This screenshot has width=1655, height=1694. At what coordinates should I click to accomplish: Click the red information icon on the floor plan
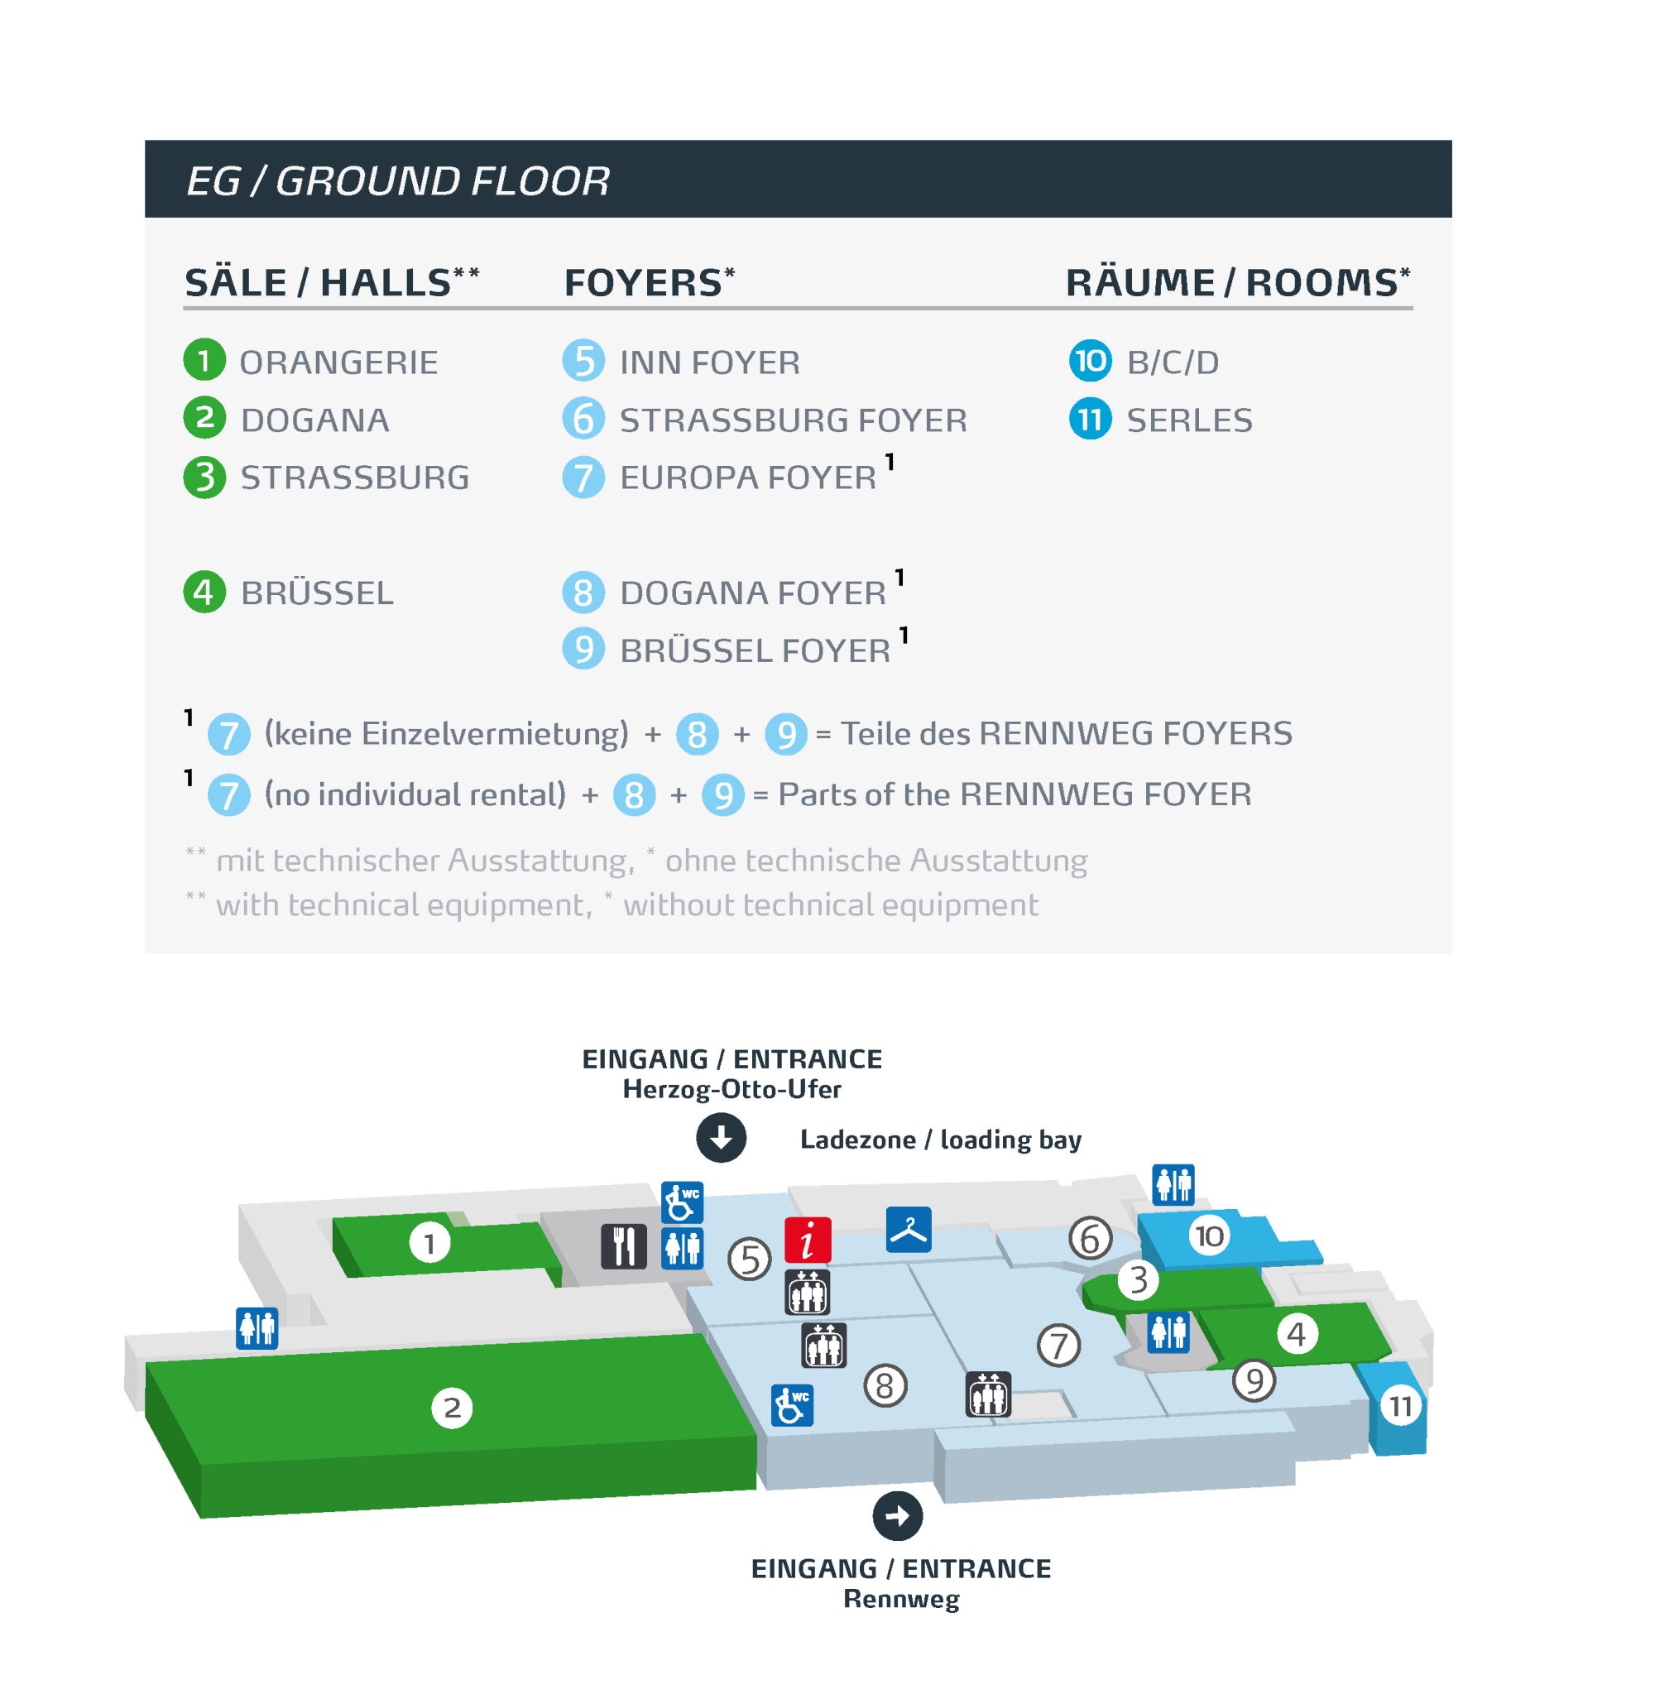pos(808,1239)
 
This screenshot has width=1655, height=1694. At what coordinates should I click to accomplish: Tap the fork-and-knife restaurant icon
pos(623,1245)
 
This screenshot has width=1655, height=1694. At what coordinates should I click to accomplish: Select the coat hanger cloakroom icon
pos(909,1229)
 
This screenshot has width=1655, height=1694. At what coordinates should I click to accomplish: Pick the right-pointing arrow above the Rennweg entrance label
pos(897,1515)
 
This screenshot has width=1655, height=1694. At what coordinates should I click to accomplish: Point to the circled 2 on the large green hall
pos(452,1407)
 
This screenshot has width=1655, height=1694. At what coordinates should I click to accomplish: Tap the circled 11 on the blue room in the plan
pos(1399,1405)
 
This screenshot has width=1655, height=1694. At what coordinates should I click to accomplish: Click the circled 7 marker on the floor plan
pos(1058,1345)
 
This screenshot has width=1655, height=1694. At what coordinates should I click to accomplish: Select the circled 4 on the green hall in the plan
pos(1296,1333)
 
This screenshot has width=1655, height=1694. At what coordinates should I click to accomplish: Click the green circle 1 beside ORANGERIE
pos(204,360)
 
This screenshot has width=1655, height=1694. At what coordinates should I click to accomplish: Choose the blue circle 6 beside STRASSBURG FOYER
pos(583,418)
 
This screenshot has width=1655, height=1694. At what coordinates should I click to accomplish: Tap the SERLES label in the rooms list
pos(1188,420)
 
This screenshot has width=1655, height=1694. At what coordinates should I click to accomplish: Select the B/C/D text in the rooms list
pos(1173,362)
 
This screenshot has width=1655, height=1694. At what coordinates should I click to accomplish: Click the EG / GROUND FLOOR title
pos(397,180)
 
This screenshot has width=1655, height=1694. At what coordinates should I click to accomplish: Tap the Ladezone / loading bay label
pos(941,1139)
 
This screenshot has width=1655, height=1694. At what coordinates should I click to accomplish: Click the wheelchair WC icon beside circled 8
pos(792,1404)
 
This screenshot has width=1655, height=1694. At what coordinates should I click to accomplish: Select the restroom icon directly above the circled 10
pos(1173,1183)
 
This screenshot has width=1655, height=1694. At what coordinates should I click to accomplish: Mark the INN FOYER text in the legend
pos(709,362)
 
